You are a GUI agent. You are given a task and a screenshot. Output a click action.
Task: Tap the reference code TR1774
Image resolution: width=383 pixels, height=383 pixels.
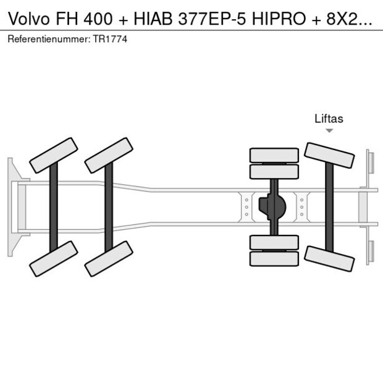(112, 39)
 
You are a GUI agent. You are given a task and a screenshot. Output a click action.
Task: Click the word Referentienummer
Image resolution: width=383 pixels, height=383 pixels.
(48, 39)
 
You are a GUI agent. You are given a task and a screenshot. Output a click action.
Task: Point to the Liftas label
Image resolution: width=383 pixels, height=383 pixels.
(329, 119)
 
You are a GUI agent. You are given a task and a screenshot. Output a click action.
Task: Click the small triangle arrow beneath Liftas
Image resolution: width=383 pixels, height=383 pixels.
(329, 131)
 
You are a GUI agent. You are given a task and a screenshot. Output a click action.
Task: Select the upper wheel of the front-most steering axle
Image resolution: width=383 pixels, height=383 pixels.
(54, 155)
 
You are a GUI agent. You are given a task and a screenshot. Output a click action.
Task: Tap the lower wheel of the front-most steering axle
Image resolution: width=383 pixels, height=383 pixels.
(54, 258)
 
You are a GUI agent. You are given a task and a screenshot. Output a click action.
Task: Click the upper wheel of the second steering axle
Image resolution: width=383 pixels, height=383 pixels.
(109, 155)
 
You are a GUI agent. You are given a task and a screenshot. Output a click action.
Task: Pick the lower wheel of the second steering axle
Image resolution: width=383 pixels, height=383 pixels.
(109, 258)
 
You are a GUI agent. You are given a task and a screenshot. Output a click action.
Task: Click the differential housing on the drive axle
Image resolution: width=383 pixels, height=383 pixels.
(274, 206)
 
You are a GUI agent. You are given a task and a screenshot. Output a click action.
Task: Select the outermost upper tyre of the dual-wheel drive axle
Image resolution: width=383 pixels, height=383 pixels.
(274, 155)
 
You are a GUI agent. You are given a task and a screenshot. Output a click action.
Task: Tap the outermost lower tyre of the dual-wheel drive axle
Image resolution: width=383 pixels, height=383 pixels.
(274, 259)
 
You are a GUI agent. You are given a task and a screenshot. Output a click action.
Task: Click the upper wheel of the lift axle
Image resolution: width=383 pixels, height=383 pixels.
(330, 156)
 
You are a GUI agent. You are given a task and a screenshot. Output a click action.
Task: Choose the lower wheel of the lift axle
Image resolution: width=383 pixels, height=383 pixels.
(330, 256)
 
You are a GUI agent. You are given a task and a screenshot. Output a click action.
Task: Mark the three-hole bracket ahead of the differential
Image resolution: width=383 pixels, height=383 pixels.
(246, 206)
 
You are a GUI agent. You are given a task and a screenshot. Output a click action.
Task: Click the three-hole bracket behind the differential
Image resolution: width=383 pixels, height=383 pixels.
(301, 206)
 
